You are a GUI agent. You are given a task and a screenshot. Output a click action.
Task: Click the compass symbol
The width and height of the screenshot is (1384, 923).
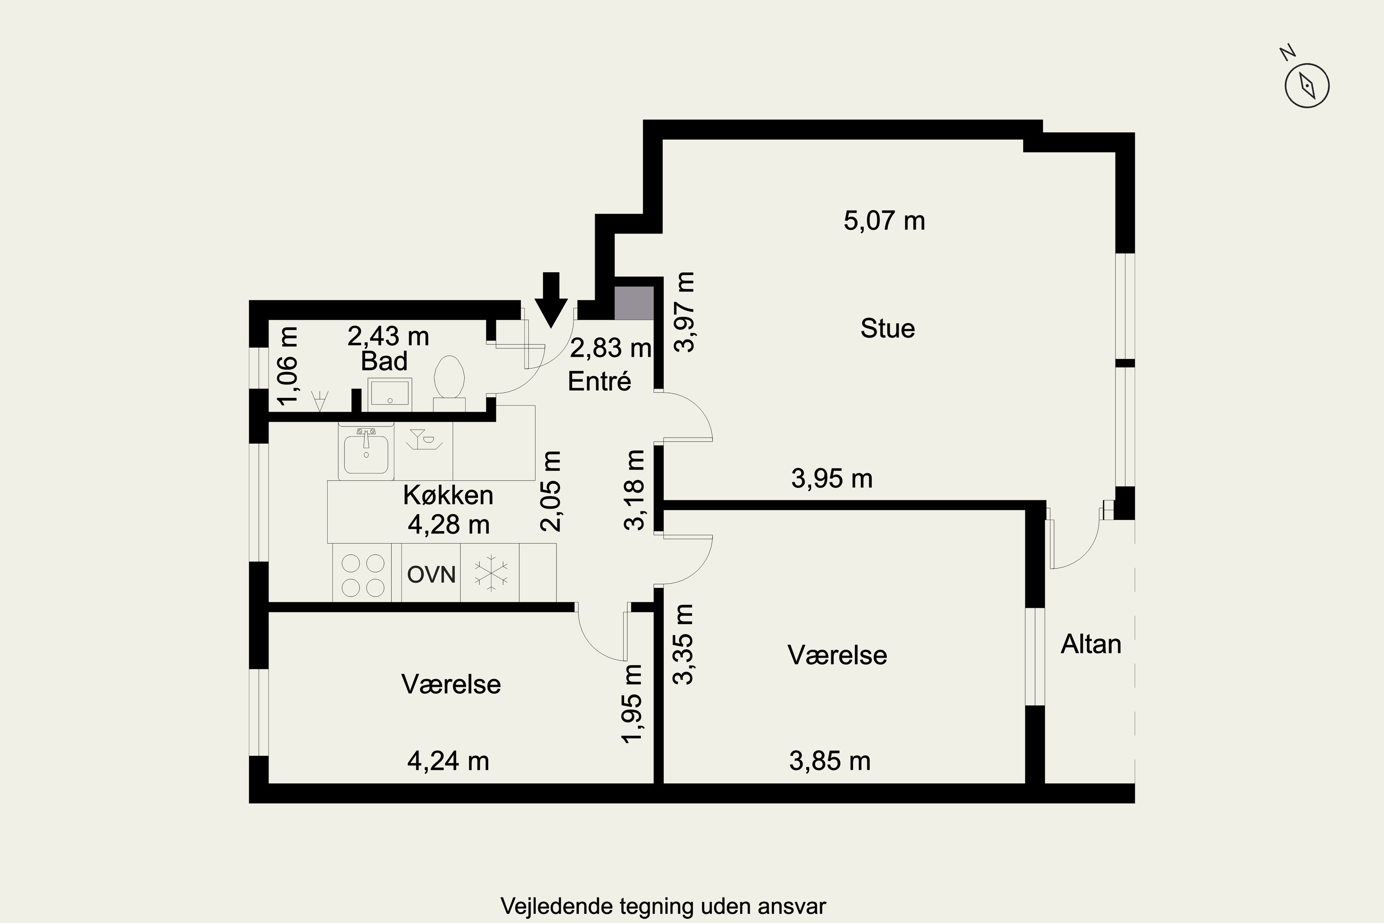1307,86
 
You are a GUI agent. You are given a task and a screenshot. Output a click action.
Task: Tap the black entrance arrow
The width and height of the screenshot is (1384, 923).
551,300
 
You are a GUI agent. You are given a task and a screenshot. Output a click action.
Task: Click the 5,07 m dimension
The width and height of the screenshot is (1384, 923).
884,221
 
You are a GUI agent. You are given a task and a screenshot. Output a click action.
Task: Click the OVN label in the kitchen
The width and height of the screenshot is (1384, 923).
431,575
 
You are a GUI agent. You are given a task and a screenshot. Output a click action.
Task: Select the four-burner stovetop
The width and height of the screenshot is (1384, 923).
363,575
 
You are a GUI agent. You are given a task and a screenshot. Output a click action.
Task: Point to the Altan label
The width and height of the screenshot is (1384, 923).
1091,645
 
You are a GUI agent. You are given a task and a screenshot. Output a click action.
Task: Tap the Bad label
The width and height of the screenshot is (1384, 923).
384,361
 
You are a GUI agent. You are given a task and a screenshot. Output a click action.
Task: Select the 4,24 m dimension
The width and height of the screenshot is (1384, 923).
448,761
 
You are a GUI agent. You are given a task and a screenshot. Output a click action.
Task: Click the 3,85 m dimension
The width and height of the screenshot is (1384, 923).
829,761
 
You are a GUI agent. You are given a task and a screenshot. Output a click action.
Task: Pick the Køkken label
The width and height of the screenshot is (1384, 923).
448,496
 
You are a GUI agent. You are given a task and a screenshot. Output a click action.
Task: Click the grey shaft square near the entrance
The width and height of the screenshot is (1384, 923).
634,303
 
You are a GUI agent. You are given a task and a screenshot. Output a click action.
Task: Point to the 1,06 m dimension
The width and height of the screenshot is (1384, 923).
288,366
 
